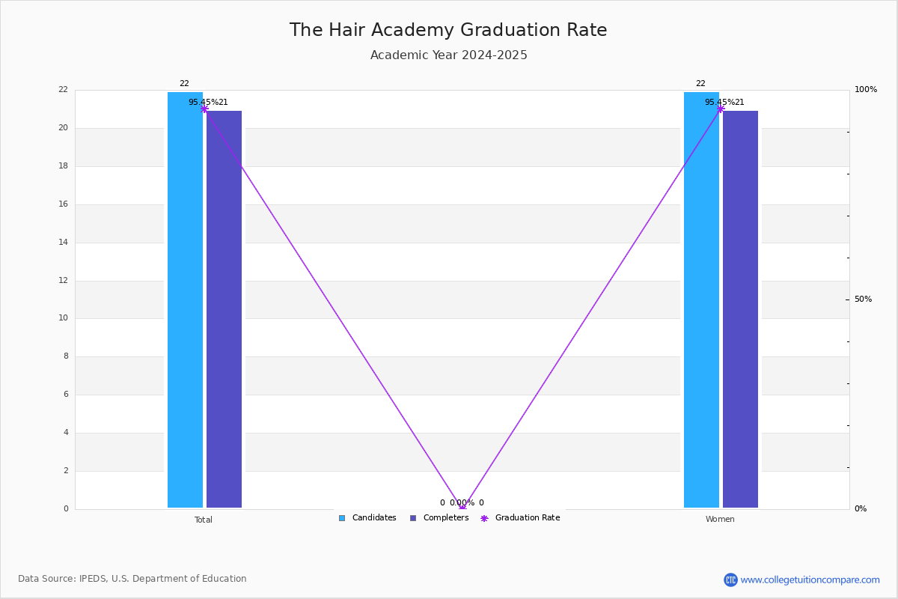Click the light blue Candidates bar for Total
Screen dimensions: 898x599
(x=185, y=299)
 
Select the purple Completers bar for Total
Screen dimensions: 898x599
(x=224, y=309)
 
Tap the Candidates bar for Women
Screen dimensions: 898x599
(x=701, y=299)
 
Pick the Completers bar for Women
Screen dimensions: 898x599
(x=740, y=309)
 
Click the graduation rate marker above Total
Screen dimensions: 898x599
(x=204, y=109)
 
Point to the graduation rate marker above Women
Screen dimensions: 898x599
(x=721, y=109)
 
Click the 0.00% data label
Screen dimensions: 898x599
(x=462, y=502)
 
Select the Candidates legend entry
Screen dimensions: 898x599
(x=367, y=517)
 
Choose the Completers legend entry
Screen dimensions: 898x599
(x=439, y=517)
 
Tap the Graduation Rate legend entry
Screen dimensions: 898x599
(x=520, y=517)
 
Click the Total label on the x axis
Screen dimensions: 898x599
(x=204, y=520)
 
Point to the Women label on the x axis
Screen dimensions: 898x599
(x=720, y=519)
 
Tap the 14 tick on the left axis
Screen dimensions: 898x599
(x=64, y=242)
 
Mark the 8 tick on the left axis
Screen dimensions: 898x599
(x=66, y=356)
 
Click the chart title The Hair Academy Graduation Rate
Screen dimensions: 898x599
(x=448, y=30)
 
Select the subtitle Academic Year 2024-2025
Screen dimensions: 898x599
(x=448, y=55)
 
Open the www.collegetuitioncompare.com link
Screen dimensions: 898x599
(x=810, y=580)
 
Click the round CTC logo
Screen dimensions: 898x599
(x=730, y=580)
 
